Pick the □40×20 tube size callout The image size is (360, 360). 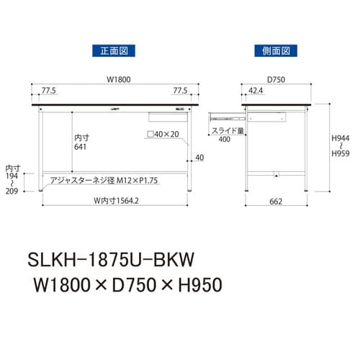click(x=162, y=135)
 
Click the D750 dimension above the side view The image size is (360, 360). click(x=276, y=80)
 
